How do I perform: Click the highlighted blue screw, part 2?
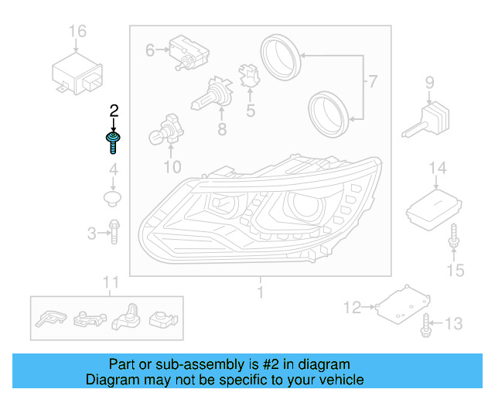[113, 142]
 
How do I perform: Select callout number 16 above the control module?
[77, 32]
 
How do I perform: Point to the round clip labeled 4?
[113, 199]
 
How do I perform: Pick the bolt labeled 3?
[114, 231]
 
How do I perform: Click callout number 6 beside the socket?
[150, 50]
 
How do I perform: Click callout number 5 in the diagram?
[251, 111]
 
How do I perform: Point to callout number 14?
[438, 168]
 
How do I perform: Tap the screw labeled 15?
[453, 239]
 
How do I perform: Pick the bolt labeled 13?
[425, 326]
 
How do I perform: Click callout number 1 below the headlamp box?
[261, 292]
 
